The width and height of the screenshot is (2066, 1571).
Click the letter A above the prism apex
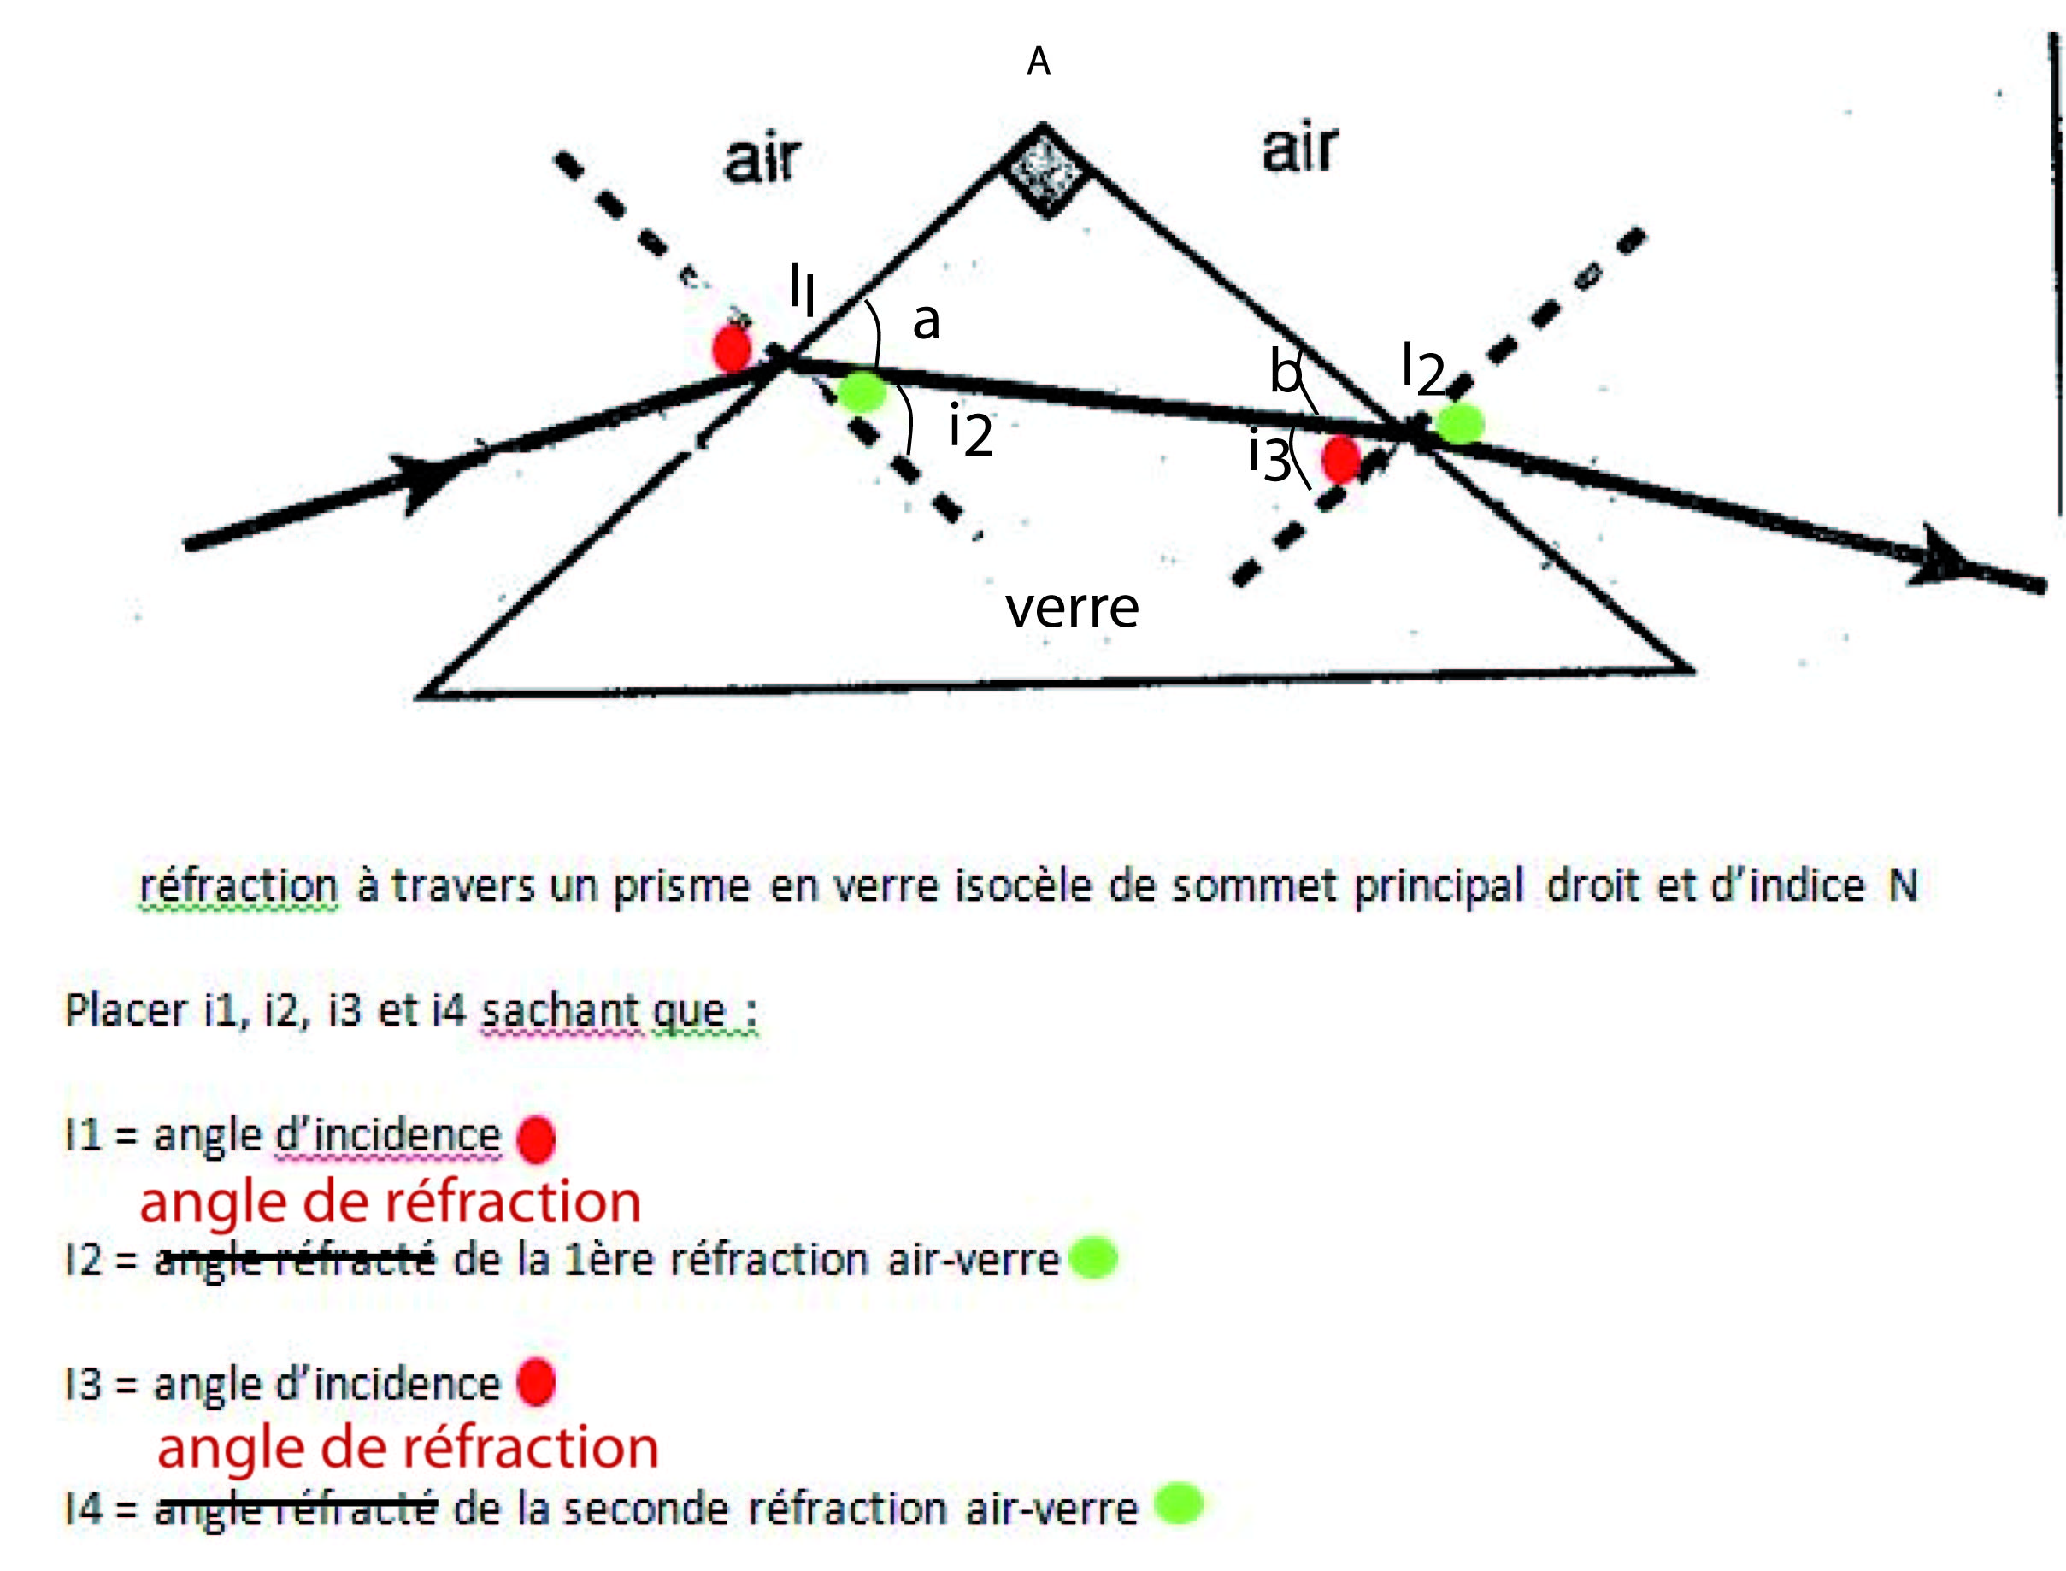1039,62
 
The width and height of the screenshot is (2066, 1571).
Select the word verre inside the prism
1072,608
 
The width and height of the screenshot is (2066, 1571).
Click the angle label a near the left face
925,321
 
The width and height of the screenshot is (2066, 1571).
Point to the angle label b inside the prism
1284,371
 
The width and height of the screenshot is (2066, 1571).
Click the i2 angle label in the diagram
971,431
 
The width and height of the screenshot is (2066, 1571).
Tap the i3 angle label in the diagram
1269,455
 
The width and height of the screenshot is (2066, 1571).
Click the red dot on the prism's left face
732,349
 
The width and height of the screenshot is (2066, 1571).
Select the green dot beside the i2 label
862,391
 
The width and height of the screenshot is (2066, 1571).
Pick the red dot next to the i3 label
1341,459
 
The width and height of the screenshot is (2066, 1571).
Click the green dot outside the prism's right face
1459,423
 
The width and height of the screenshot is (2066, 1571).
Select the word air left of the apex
762,159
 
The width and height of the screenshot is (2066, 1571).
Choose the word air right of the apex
1299,149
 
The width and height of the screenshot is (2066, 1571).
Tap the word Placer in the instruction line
125,1011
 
